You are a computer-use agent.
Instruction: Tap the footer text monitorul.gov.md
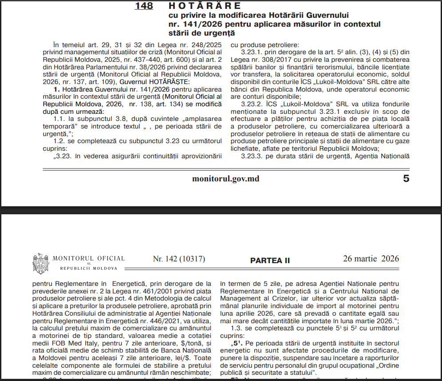225,179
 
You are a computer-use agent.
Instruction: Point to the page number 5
406,179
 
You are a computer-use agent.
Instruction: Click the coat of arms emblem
41,263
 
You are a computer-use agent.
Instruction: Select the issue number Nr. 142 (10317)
179,259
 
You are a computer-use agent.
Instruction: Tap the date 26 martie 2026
371,259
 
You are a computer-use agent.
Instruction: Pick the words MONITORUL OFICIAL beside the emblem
89,258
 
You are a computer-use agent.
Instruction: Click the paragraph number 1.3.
237,328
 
